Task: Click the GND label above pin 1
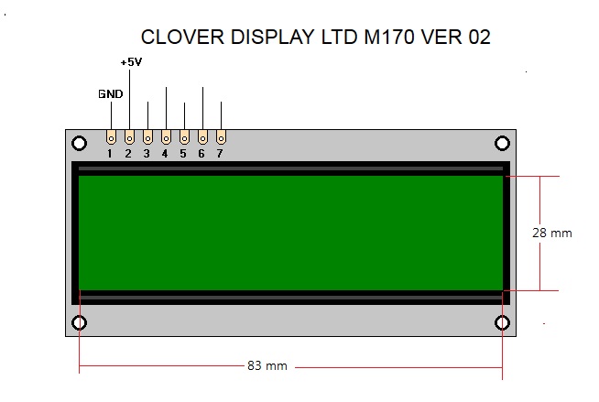coord(111,94)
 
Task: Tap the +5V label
coord(131,62)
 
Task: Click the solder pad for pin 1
coord(111,137)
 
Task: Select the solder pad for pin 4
coord(166,137)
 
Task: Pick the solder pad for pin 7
coord(221,137)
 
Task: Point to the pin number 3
coord(147,154)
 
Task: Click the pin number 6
coord(201,154)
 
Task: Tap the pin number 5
coord(183,154)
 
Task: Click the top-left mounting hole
coord(79,144)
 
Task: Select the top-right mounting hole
coord(502,144)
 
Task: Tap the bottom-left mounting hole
coord(79,323)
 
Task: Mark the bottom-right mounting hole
coord(502,323)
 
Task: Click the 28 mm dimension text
coord(552,233)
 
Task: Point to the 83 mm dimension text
coord(267,365)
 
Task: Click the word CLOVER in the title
coord(182,37)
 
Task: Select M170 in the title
coord(389,37)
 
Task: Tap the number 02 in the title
coord(479,37)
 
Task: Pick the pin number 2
coord(128,154)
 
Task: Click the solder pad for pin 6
coord(202,137)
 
